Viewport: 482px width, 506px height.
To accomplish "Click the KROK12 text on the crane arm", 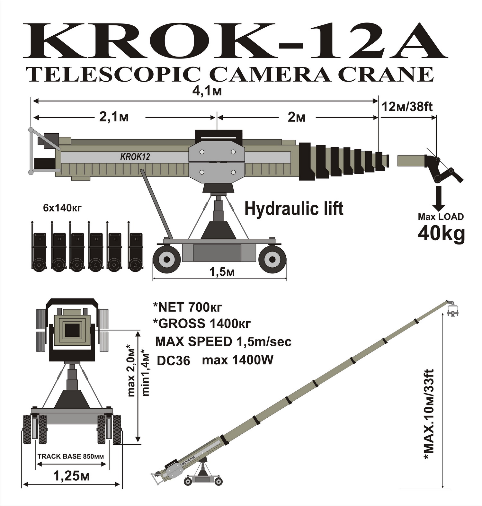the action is pos(135,157).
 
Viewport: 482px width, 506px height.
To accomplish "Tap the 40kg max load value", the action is pos(441,234).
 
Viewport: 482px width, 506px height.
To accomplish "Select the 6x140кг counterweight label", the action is pos(62,208).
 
